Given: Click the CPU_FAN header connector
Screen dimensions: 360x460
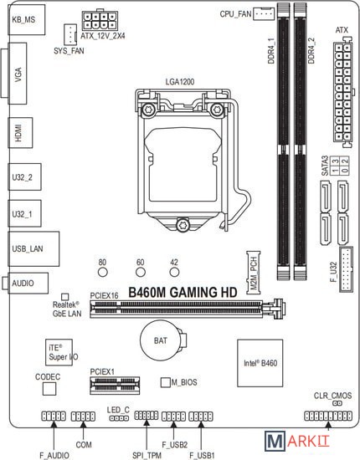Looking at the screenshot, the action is pyautogui.click(x=264, y=13).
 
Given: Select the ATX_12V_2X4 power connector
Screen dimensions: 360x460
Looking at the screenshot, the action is pyautogui.click(x=100, y=21).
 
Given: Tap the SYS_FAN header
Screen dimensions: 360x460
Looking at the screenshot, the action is pyautogui.click(x=70, y=34).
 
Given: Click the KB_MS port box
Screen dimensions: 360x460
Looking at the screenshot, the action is pyautogui.click(x=27, y=20).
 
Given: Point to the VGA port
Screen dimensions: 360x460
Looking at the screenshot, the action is pyautogui.click(x=18, y=74).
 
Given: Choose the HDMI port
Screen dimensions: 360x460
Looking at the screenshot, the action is pyautogui.click(x=20, y=133).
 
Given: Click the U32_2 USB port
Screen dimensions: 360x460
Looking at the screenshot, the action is pyautogui.click(x=24, y=177).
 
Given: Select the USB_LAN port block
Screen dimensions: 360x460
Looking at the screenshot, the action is pyautogui.click(x=33, y=248).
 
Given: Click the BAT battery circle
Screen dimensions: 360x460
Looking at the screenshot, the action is pyautogui.click(x=161, y=340).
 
